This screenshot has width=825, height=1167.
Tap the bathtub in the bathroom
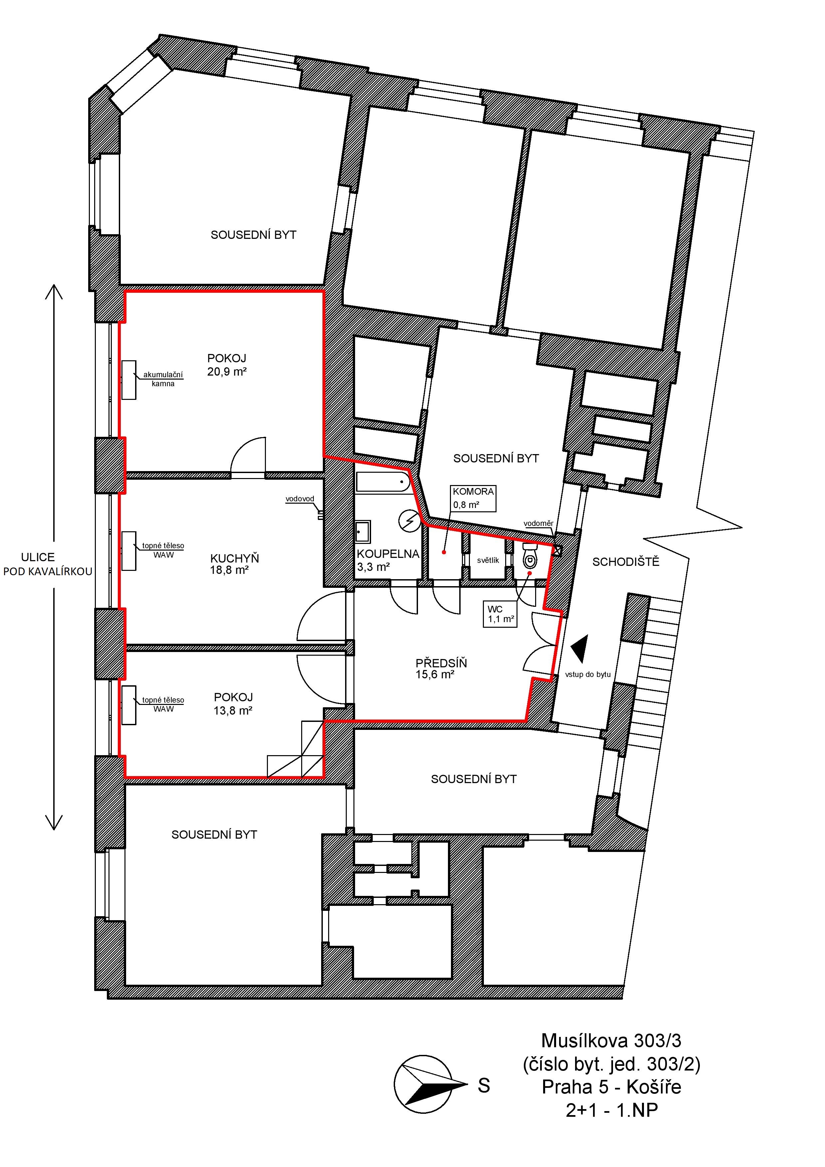click(383, 481)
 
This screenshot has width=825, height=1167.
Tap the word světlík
click(488, 560)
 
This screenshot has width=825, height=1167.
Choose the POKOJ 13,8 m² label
click(233, 704)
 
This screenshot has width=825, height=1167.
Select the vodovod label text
click(300, 499)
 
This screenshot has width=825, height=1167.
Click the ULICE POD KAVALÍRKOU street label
click(48, 564)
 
